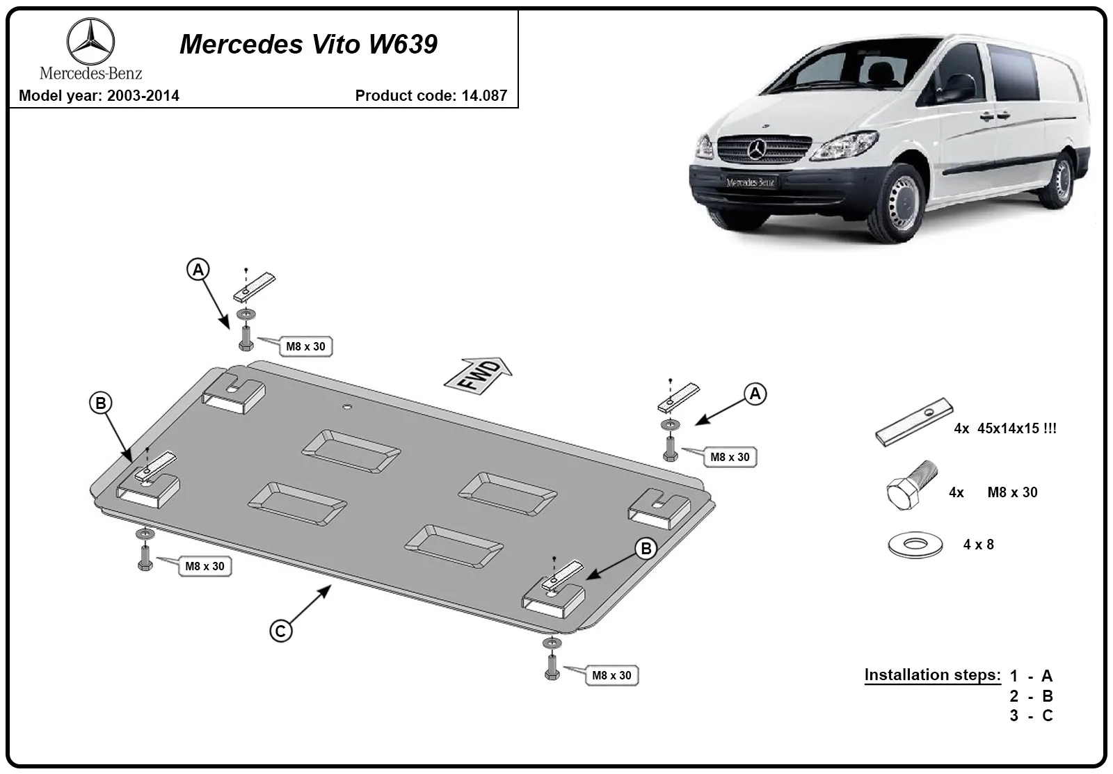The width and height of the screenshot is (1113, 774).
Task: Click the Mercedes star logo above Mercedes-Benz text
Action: [x=90, y=41]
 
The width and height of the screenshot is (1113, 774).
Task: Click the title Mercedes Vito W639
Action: [x=308, y=45]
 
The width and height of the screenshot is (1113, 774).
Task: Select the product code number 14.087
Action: [x=484, y=95]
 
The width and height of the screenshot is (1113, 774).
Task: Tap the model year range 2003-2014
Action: [x=143, y=95]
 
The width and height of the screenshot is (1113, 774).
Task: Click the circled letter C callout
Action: [x=281, y=631]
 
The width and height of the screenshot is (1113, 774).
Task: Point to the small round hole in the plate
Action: [x=347, y=407]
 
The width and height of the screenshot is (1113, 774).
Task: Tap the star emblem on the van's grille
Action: [x=757, y=149]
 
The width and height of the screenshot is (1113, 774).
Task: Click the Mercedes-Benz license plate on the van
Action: [x=751, y=182]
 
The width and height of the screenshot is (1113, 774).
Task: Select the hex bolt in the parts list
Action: [x=912, y=485]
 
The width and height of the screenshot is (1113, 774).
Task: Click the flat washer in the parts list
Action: [x=915, y=545]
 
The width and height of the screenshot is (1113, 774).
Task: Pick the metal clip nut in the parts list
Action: [x=914, y=422]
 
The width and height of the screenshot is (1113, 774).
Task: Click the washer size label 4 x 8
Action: [x=978, y=545]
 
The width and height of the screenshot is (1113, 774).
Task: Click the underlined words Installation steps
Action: [x=932, y=675]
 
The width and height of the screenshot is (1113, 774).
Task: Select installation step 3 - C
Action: [x=1031, y=716]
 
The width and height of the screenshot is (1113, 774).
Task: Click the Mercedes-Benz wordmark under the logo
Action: [x=91, y=74]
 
